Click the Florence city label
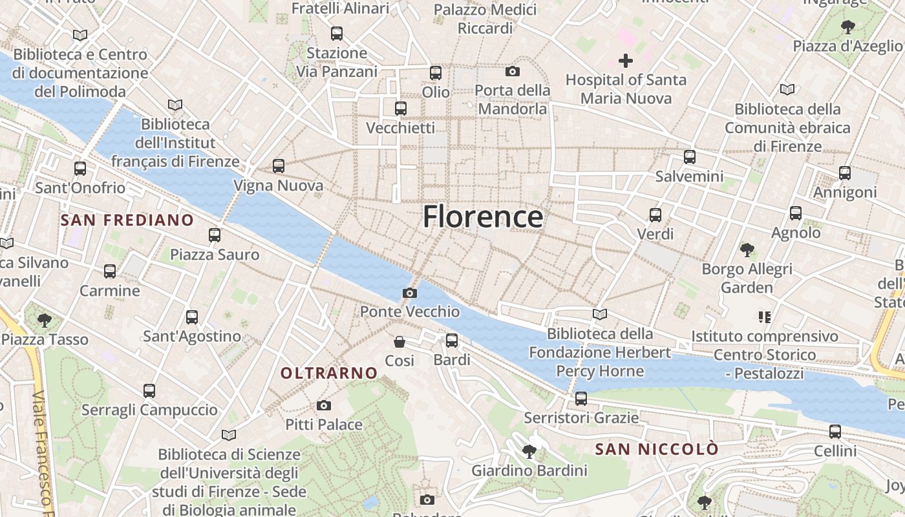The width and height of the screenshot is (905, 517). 482,216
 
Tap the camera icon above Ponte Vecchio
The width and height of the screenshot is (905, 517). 409,293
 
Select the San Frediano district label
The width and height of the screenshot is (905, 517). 127,220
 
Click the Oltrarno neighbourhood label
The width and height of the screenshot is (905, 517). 329,373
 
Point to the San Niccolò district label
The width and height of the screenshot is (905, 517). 656,449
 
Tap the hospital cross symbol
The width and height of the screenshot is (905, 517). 625,61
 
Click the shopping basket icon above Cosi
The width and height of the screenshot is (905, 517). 399,341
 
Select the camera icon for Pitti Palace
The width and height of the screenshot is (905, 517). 324,405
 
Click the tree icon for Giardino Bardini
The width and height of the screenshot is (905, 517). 529,451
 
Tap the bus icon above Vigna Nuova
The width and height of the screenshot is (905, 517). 279,166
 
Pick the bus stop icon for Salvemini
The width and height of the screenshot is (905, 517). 690,156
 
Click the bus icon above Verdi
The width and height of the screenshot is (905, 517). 655,215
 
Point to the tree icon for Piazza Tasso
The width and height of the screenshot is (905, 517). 45,319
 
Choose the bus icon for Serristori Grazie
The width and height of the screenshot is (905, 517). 581,398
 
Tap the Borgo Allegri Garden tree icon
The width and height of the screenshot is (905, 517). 747,249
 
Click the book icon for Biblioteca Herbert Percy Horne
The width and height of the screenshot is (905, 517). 600,314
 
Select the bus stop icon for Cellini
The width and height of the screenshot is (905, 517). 835,431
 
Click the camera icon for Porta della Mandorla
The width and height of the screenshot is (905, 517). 513,71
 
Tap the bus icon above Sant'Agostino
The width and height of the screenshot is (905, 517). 192,317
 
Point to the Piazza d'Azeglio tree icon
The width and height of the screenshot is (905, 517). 847,26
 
